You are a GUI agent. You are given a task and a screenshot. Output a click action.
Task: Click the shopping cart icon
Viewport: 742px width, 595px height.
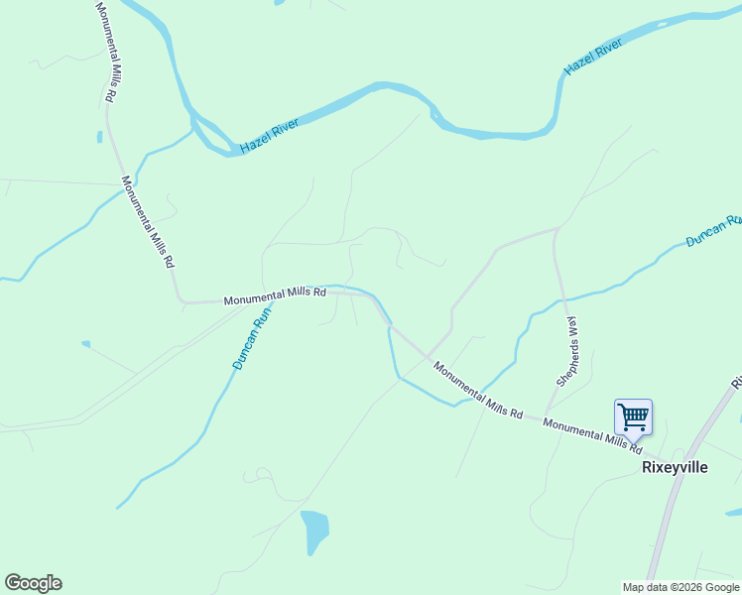tap(632, 416)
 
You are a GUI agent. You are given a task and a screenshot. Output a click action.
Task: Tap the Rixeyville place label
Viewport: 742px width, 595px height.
tap(675, 467)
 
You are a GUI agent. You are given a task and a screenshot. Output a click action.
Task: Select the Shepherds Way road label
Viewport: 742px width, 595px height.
tap(566, 351)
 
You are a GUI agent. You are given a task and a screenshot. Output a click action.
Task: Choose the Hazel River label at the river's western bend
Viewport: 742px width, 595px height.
tap(269, 138)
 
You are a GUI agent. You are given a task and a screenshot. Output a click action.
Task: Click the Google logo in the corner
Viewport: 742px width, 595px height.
tap(33, 583)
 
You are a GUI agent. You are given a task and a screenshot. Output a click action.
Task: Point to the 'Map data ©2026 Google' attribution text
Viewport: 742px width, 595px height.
tap(680, 586)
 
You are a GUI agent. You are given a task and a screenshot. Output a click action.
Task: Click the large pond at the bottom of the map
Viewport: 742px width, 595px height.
tap(314, 532)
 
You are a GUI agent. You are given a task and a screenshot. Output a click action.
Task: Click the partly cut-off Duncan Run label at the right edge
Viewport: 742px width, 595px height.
tap(713, 230)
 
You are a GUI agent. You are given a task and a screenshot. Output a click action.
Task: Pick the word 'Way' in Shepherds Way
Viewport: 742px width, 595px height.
tap(570, 328)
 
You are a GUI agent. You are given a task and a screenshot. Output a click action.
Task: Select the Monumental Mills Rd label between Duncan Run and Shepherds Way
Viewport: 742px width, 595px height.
tap(478, 390)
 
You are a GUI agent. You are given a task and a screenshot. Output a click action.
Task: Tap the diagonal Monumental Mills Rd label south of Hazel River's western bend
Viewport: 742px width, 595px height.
tap(148, 223)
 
